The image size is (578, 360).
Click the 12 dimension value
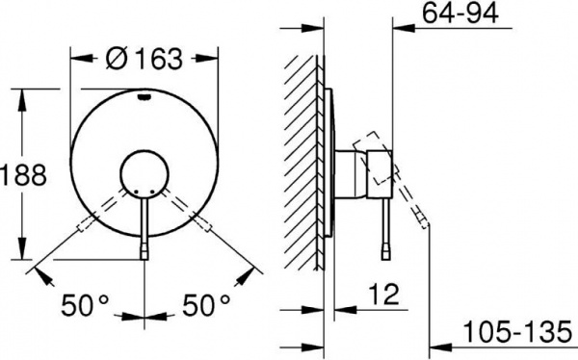point(383,291)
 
